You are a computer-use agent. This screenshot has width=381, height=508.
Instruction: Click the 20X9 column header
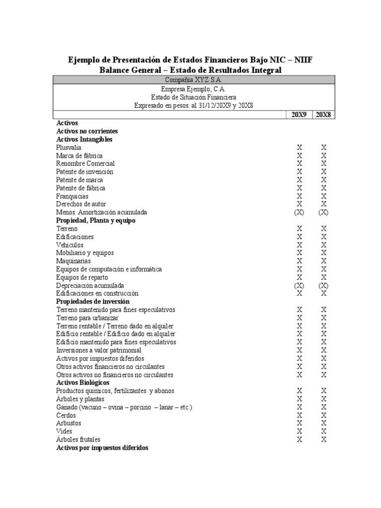pyautogui.click(x=299, y=115)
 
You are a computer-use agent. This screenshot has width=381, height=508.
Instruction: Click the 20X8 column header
pyautogui.click(x=323, y=115)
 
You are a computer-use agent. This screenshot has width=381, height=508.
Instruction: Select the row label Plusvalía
pyautogui.click(x=69, y=147)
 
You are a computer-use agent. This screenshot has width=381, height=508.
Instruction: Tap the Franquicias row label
pyautogui.click(x=72, y=196)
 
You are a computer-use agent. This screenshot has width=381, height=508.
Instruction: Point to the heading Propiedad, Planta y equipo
pyautogui.click(x=96, y=220)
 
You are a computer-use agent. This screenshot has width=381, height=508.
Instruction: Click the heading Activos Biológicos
pyautogui.click(x=83, y=383)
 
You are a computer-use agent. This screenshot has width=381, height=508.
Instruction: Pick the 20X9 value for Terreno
pyautogui.click(x=299, y=229)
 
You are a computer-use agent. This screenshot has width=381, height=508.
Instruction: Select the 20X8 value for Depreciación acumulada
pyautogui.click(x=323, y=286)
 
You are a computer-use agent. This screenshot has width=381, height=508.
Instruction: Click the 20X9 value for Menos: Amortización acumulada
pyautogui.click(x=299, y=212)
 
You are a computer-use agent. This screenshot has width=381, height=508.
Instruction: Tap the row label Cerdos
pyautogui.click(x=66, y=415)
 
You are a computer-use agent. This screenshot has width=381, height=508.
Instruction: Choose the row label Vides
pyautogui.click(x=64, y=432)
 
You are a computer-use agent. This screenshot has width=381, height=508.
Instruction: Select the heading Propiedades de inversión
pyautogui.click(x=93, y=302)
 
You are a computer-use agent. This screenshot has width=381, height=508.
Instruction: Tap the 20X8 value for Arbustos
pyautogui.click(x=323, y=423)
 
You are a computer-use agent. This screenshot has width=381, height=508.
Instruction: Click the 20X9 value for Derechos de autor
pyautogui.click(x=299, y=204)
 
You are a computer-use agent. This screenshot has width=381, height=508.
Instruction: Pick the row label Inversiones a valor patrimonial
pyautogui.click(x=99, y=350)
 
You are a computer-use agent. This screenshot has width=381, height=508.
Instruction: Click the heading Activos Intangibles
pyautogui.click(x=84, y=139)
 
